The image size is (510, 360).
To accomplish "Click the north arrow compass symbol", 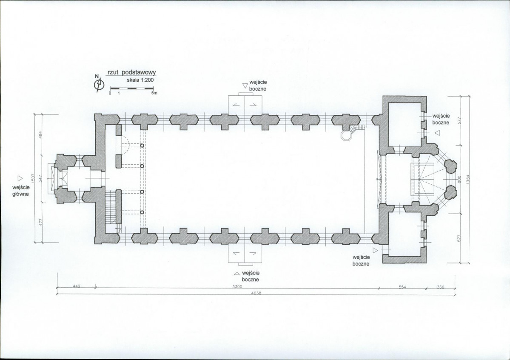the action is [99, 84].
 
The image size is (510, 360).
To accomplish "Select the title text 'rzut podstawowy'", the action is [132, 73].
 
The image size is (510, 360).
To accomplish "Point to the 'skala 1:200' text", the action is [140, 80].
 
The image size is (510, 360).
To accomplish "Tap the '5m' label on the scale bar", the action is [154, 93].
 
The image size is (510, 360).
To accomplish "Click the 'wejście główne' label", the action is [21, 191].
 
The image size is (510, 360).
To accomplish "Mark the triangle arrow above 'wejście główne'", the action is [20, 178].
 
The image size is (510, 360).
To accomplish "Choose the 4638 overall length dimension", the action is [256, 293].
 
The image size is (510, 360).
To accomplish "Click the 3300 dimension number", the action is [237, 286].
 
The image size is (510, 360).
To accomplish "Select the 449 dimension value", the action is [76, 286].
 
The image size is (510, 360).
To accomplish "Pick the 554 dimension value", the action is [402, 287].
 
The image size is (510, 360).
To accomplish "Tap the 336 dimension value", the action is [440, 287].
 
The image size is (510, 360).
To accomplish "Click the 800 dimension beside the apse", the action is [459, 179].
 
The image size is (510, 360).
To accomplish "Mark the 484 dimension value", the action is [40, 134].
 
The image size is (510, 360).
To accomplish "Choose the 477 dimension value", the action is [40, 222].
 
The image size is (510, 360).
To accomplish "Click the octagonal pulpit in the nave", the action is [345, 135].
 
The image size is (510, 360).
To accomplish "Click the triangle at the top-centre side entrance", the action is [245, 86].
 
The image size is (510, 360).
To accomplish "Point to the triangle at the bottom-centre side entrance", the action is [236, 274].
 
